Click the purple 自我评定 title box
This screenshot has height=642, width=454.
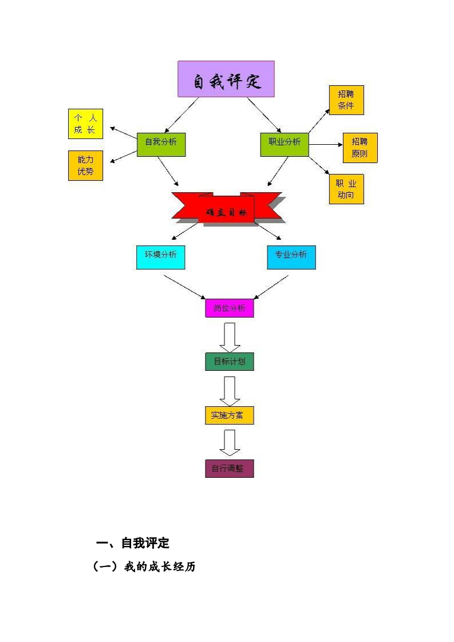click(226, 79)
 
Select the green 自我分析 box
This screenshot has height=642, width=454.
click(161, 144)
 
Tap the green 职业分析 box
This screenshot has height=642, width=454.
click(285, 144)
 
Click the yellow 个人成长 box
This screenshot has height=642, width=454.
click(85, 124)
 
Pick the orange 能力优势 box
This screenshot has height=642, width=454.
click(85, 165)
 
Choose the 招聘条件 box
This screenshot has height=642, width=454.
click(346, 100)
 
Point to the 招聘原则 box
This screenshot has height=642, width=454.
click(360, 148)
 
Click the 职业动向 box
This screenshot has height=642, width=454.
click(346, 189)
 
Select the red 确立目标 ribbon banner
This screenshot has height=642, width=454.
click(227, 209)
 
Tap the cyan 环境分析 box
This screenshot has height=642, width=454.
click(161, 257)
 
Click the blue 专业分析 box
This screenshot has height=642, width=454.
click(291, 257)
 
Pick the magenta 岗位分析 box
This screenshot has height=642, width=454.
click(230, 308)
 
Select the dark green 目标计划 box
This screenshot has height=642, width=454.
click(230, 362)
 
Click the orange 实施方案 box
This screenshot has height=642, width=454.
click(230, 415)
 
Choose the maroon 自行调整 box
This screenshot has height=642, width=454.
click(230, 468)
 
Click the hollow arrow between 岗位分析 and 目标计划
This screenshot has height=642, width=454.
click(230, 337)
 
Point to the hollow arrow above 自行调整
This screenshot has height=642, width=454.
click(230, 442)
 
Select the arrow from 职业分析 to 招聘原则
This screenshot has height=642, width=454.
click(325, 145)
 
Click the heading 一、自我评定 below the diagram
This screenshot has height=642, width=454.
click(133, 543)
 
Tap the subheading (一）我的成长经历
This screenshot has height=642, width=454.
click(144, 568)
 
